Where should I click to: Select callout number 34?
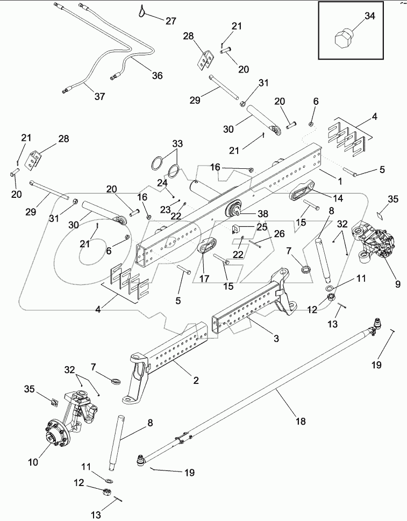point(370,17)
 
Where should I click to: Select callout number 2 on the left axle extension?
point(196,380)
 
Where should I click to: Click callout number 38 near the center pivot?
point(262,213)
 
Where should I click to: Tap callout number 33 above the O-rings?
point(177,144)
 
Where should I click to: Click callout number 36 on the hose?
point(156,76)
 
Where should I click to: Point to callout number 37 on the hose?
point(99,97)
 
